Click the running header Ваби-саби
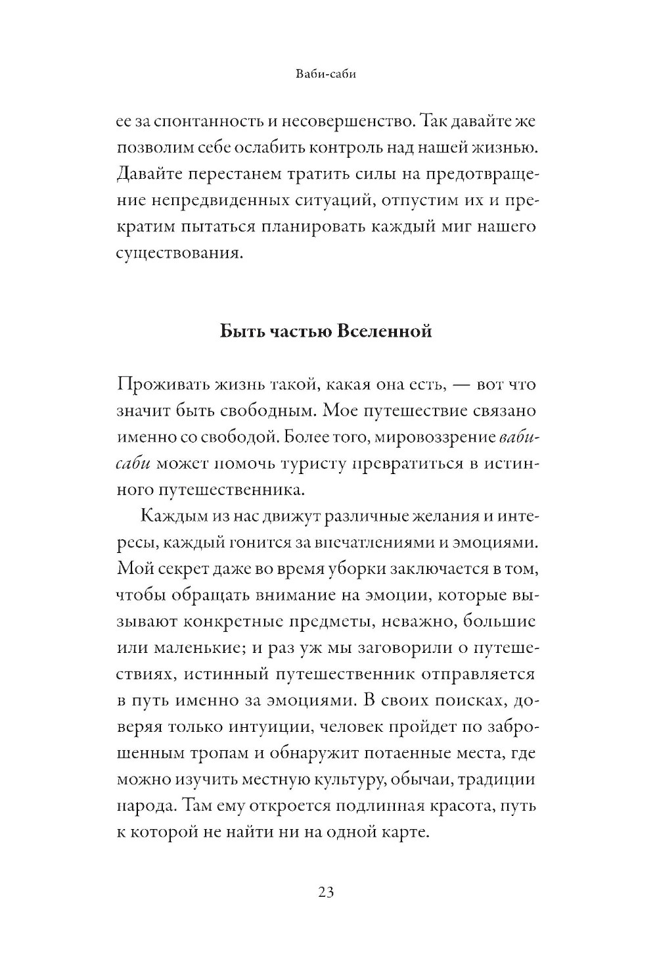pos(327,75)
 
